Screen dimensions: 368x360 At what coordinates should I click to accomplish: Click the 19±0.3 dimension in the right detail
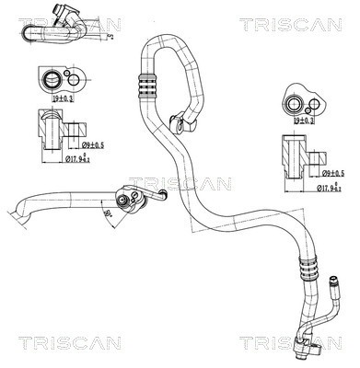tap(303, 119)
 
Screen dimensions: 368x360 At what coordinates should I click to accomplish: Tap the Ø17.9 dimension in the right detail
tap(324, 190)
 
